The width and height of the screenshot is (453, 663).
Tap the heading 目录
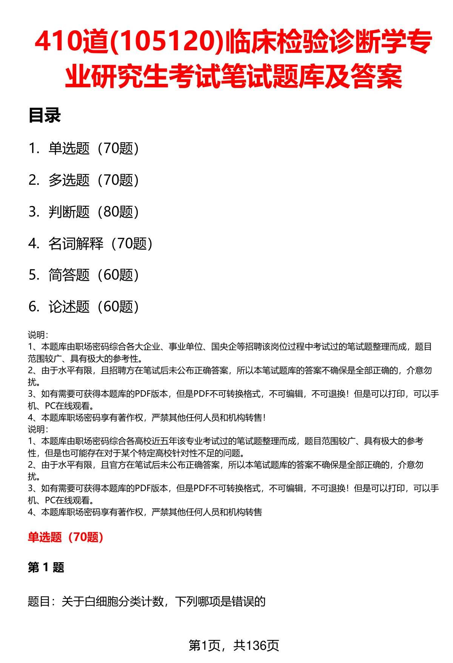click(45, 116)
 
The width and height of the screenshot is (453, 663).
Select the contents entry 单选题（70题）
click(94, 148)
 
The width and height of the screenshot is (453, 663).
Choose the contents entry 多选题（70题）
click(94, 180)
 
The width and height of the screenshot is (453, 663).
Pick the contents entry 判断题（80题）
click(94, 212)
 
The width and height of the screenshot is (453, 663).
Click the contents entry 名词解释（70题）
click(100, 244)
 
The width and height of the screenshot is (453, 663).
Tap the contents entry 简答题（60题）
click(94, 275)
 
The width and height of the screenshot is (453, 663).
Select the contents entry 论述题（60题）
click(94, 307)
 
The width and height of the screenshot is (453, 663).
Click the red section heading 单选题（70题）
click(66, 537)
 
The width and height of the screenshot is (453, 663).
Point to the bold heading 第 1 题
click(46, 567)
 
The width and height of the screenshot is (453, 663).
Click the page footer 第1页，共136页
click(234, 646)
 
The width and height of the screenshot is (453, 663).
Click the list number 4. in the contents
click(34, 244)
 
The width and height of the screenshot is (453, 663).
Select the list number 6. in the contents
click(34, 307)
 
